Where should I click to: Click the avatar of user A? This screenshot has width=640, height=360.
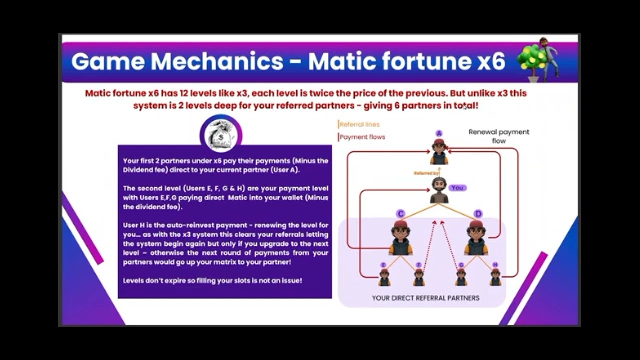click(x=439, y=152)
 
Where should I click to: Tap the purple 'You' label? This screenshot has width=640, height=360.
click(x=457, y=188)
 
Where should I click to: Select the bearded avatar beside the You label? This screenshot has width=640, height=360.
click(x=439, y=190)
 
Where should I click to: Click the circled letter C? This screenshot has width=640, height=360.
click(x=400, y=214)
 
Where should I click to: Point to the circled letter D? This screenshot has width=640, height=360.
click(x=478, y=214)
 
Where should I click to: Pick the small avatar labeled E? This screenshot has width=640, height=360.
click(x=384, y=277)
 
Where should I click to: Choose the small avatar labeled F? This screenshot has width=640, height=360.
click(x=419, y=277)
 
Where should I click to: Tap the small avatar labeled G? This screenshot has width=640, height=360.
click(x=461, y=277)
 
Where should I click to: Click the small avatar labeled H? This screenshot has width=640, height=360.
click(x=495, y=277)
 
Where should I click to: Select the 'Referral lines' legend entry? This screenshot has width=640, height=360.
click(x=359, y=124)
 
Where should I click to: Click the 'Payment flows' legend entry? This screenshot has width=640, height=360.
click(x=362, y=137)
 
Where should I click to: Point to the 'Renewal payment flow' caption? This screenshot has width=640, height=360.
click(x=499, y=136)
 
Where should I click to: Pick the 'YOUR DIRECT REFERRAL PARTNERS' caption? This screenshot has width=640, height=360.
click(x=425, y=298)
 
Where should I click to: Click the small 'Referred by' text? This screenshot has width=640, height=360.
click(x=426, y=173)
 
